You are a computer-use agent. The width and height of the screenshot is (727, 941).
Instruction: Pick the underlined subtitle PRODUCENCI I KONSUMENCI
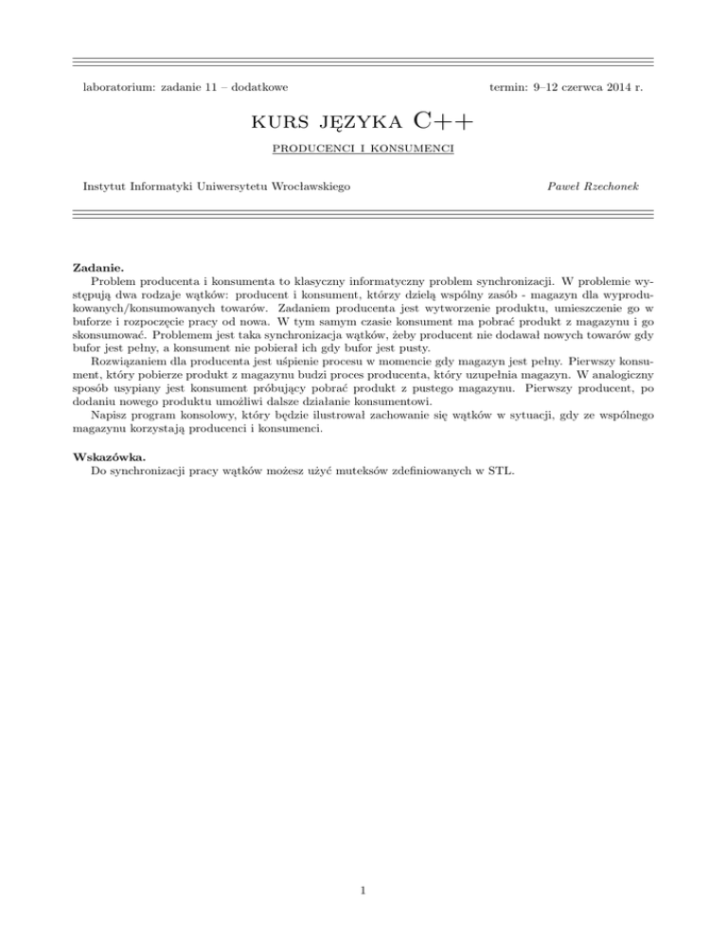point(363,149)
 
